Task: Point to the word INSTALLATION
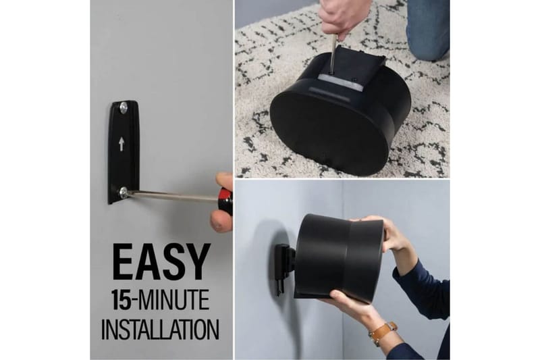tap(160, 329)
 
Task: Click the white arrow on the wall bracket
tap(122, 144)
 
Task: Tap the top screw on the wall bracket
tap(123, 107)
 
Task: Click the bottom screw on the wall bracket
tap(123, 192)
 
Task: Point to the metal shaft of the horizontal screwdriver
tap(172, 197)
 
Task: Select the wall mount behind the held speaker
tap(283, 267)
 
